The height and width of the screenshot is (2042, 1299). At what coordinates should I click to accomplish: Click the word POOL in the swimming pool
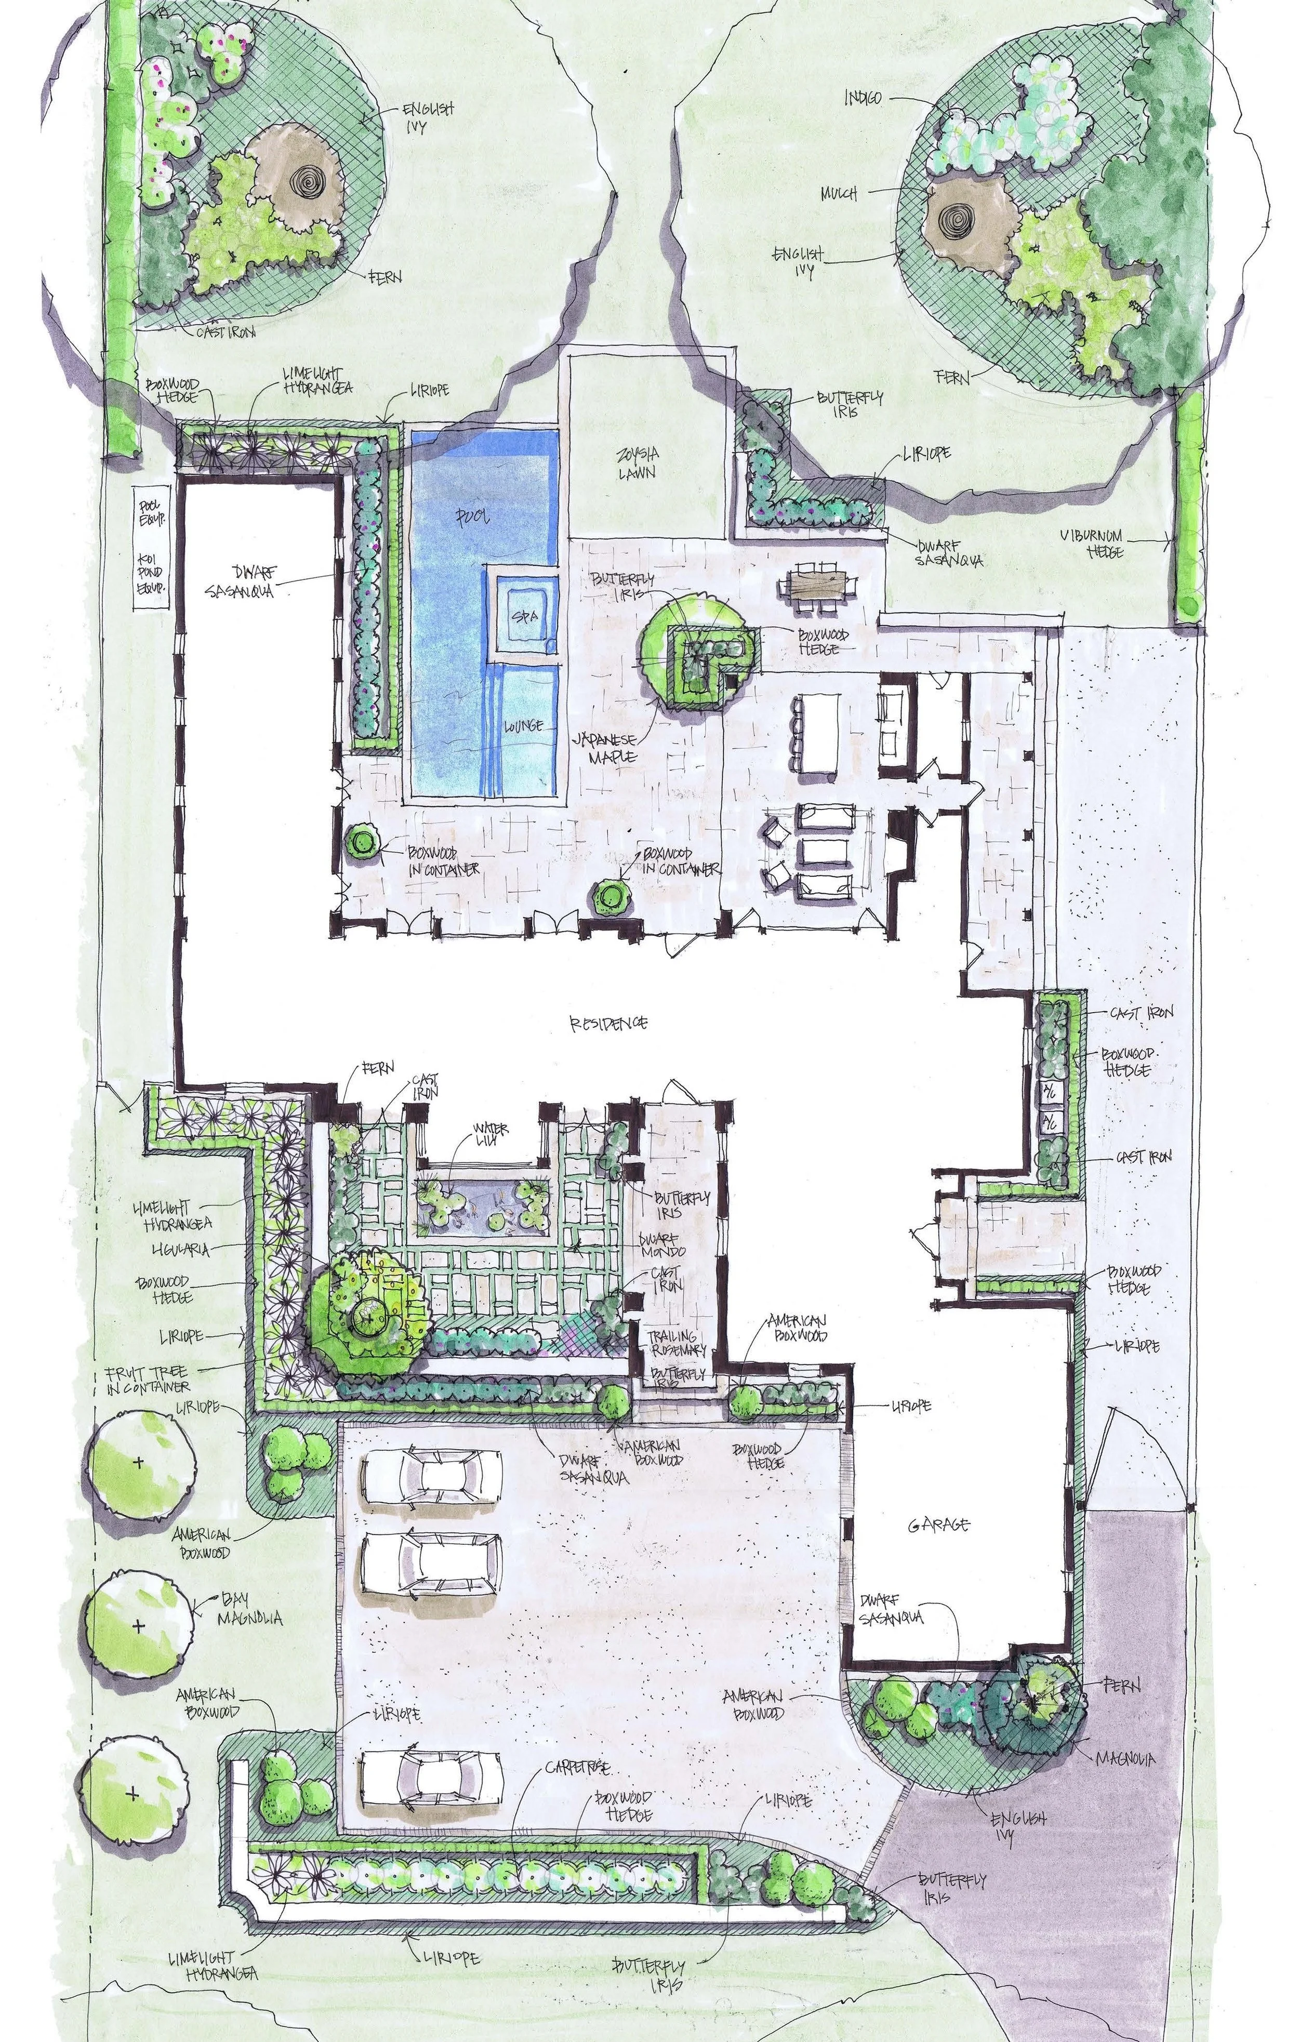pyautogui.click(x=473, y=516)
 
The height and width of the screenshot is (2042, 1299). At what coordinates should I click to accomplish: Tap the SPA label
pyautogui.click(x=523, y=617)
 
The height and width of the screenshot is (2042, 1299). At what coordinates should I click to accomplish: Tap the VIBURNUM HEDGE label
pyautogui.click(x=1092, y=543)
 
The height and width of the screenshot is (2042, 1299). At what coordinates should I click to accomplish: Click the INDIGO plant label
pyautogui.click(x=863, y=98)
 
